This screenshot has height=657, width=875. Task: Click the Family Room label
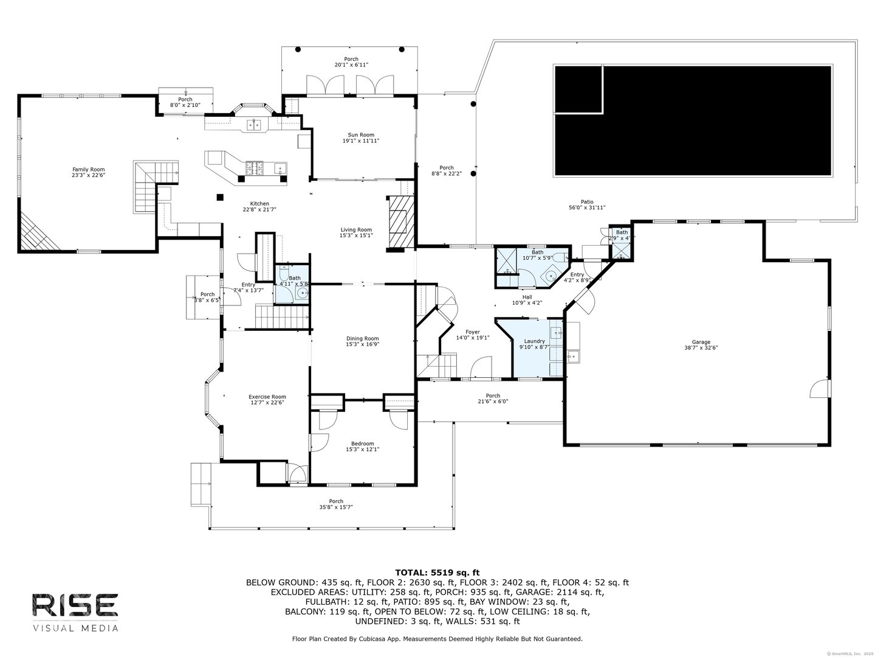[88, 170]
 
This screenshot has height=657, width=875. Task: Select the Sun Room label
[361, 135]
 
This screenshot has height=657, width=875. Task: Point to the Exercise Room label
[267, 397]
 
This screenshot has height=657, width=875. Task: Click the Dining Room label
[362, 339]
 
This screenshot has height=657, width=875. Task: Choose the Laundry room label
[534, 341]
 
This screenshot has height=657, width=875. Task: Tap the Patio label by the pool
[586, 202]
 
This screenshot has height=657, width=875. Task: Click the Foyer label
[472, 332]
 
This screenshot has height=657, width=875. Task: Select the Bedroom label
[362, 443]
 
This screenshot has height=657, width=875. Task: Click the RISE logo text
[75, 604]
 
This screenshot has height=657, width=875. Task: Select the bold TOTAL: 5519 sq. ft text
[437, 572]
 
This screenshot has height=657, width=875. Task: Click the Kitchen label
[259, 204]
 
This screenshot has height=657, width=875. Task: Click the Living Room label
[355, 230]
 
